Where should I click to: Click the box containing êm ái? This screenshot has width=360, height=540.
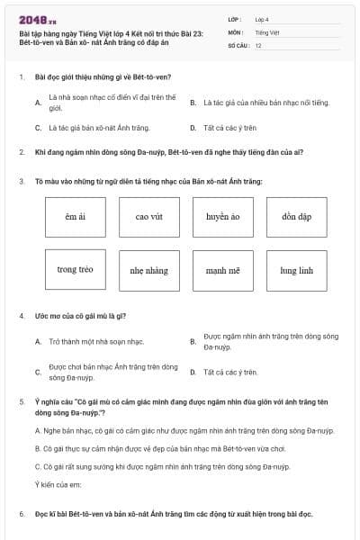[x=75, y=217]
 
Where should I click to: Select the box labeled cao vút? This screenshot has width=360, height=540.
[x=148, y=217]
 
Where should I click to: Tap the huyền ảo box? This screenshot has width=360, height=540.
[x=222, y=217]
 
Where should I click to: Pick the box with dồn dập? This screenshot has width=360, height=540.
[x=296, y=217]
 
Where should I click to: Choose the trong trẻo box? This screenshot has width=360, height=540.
[x=75, y=270]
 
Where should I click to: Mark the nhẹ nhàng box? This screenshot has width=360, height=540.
[x=148, y=270]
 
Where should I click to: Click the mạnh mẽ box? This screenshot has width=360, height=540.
[x=222, y=270]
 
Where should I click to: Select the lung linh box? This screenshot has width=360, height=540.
[x=296, y=270]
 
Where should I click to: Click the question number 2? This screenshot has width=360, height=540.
[x=21, y=152]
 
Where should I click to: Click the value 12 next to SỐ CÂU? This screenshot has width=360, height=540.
[x=258, y=44]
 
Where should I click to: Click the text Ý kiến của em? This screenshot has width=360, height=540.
[x=58, y=485]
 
